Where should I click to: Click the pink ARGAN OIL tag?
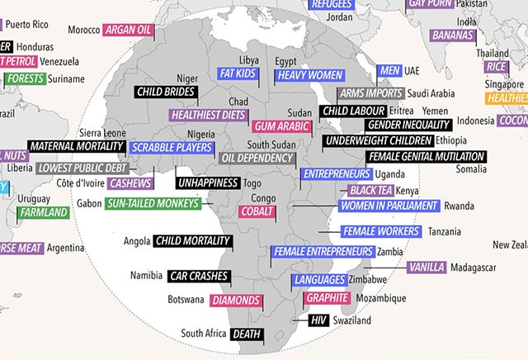click(x=128, y=30)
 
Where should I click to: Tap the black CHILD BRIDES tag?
click(x=166, y=92)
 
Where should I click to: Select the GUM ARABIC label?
click(x=281, y=126)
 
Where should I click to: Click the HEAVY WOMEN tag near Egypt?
click(x=309, y=75)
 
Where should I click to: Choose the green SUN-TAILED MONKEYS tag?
click(x=153, y=203)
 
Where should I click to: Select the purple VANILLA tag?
click(x=427, y=268)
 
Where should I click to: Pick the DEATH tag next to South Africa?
click(x=246, y=334)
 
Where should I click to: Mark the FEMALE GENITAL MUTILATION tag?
click(x=426, y=157)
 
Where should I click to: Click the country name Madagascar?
click(x=473, y=268)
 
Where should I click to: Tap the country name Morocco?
click(x=83, y=30)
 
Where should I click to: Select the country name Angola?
click(x=136, y=242)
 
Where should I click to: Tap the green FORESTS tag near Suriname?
click(x=26, y=79)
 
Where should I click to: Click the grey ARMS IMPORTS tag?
click(x=370, y=93)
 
